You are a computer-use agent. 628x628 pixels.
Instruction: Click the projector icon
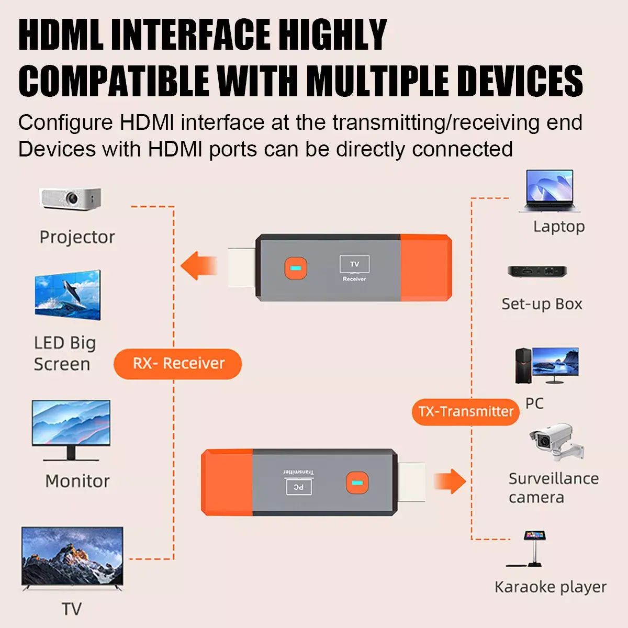pos(71,199)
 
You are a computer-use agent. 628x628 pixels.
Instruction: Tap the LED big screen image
pos(68,295)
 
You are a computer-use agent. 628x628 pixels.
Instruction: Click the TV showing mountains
pos(72,558)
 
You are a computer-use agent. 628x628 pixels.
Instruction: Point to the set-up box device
pos(537,272)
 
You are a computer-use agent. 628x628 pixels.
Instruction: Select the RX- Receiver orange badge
pos(178,364)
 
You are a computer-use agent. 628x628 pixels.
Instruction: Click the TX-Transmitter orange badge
pos(466,411)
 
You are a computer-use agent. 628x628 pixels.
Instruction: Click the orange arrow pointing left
pos(198,265)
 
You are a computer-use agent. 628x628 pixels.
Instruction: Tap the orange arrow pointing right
pos(450,481)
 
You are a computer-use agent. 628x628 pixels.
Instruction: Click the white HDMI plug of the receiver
pos(242,267)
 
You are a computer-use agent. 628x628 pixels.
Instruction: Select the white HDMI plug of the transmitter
pos(411,482)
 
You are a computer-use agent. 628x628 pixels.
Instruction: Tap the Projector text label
pos(77,237)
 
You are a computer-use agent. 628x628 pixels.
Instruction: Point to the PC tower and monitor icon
pos(547,365)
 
